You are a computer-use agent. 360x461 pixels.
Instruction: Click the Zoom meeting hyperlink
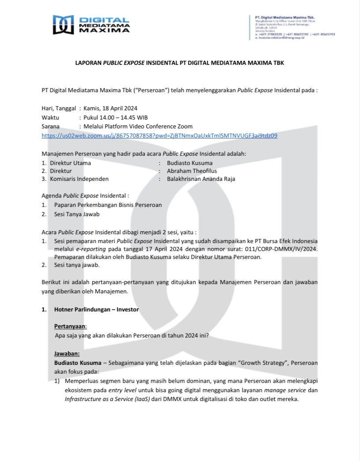point(159,136)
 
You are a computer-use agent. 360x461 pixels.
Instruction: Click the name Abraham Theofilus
point(192,171)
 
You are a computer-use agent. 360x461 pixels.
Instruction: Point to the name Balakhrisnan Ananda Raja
point(201,179)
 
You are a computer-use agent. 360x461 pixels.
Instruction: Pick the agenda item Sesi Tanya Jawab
point(77,214)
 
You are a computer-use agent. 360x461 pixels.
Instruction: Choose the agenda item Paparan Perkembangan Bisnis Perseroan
point(108,205)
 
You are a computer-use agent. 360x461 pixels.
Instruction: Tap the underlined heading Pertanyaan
point(71,326)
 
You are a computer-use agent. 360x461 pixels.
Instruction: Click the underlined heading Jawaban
point(67,354)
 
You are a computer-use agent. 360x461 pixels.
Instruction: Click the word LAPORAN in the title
point(88,63)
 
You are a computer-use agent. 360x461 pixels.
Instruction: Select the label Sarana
point(51,127)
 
